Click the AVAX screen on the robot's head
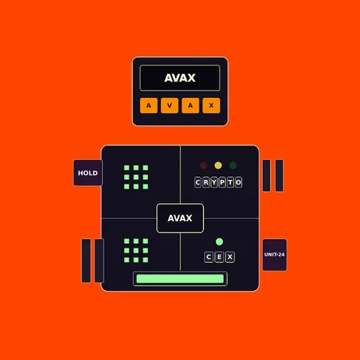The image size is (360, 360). (180, 78)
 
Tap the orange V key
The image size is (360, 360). (170, 105)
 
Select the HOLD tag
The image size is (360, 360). (88, 173)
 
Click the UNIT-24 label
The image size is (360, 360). (274, 255)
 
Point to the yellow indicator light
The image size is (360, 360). (218, 166)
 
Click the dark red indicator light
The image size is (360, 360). (204, 166)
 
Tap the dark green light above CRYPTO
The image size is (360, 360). (233, 166)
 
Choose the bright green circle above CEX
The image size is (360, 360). (220, 242)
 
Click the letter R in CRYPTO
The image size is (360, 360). (206, 182)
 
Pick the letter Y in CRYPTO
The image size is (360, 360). (214, 182)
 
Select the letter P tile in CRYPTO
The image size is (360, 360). (222, 182)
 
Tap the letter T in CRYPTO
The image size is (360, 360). (230, 182)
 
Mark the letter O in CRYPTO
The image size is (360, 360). (238, 182)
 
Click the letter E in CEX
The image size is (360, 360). (220, 257)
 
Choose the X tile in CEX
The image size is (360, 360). (230, 257)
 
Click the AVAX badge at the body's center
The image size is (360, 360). (180, 218)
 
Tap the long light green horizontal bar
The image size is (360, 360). (180, 279)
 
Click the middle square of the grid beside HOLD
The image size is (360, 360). (136, 177)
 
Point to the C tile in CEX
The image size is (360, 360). (209, 257)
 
